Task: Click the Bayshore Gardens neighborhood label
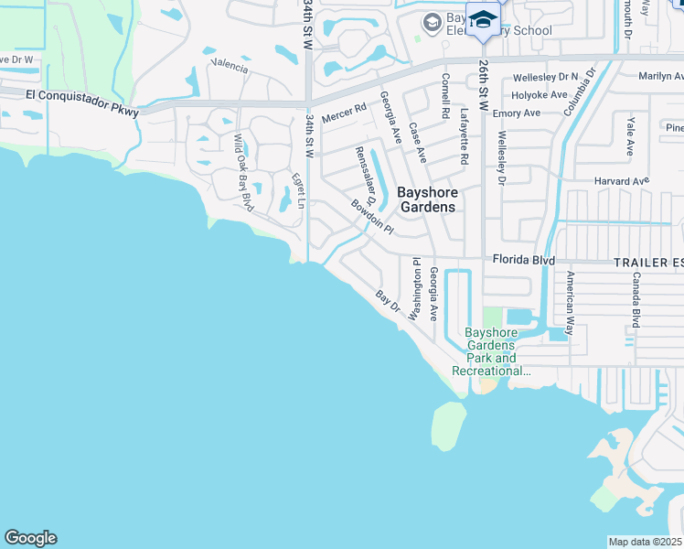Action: [x=427, y=199]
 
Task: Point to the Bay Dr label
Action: [x=389, y=298]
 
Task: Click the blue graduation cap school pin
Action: [x=482, y=19]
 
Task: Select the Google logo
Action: [x=30, y=538]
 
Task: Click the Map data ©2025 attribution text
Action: [x=645, y=542]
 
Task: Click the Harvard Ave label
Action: [x=620, y=180]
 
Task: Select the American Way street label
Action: [x=570, y=302]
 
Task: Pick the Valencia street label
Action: [x=229, y=66]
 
